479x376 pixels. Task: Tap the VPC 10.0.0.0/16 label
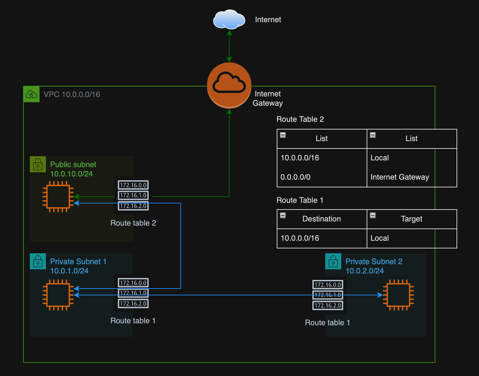click(72, 94)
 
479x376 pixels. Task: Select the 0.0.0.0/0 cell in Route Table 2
click(295, 177)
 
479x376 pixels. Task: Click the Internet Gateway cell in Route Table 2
click(400, 177)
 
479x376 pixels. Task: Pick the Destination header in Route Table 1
click(321, 219)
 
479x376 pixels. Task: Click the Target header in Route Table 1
click(411, 219)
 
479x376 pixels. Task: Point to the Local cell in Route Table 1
click(379, 238)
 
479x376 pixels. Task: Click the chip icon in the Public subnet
click(58, 197)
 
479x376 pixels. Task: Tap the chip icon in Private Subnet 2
click(398, 295)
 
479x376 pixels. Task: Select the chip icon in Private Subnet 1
click(58, 295)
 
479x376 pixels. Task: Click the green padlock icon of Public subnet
click(38, 164)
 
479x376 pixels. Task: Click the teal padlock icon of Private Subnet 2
click(333, 261)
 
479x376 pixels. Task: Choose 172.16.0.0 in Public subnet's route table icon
click(133, 185)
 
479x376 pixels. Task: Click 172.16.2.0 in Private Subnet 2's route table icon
click(327, 305)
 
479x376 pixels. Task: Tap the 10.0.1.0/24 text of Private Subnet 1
click(69, 271)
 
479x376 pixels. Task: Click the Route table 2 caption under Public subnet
click(133, 223)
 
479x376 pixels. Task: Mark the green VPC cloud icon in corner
click(31, 94)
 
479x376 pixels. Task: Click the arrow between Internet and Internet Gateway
click(229, 46)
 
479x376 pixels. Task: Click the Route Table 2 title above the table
click(300, 119)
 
